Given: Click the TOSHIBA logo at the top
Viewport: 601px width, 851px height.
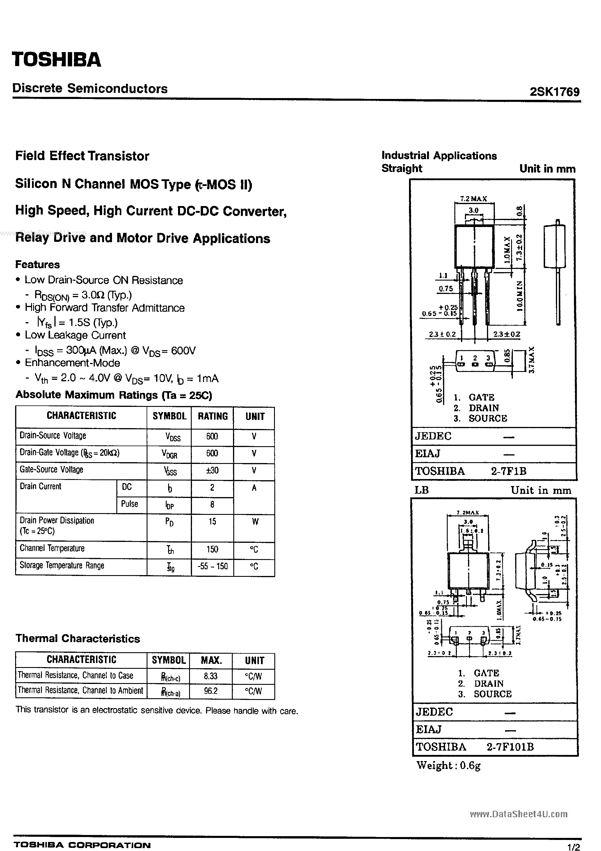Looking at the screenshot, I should [x=56, y=59].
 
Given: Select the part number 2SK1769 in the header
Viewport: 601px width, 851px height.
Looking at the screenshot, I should [x=554, y=92].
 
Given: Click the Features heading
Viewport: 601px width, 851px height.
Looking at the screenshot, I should [x=38, y=264].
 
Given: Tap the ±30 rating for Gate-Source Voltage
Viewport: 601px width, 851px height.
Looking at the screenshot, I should [x=212, y=470].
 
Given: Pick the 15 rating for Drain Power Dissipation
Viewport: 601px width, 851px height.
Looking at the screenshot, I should [x=212, y=522].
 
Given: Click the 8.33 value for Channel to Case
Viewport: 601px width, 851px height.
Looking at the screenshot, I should [x=210, y=676].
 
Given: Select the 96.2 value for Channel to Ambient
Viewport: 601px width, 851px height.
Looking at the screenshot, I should [x=210, y=691].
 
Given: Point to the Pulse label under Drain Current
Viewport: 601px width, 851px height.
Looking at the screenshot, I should [x=129, y=504].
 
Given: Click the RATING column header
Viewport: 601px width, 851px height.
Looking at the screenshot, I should [x=212, y=416].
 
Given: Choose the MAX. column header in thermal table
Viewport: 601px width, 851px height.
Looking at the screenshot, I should [x=211, y=660].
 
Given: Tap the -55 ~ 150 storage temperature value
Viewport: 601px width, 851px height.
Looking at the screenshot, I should [x=212, y=566].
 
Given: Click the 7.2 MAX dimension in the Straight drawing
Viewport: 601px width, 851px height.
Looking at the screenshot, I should [x=474, y=199].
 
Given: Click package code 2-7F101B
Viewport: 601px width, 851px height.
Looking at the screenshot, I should [x=510, y=747].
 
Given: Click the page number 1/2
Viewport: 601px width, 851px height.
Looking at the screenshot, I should [x=574, y=846].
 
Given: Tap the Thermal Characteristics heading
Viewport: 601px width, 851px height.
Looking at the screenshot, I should [x=78, y=638].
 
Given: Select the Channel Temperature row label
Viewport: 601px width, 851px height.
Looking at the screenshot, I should [x=52, y=548].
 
